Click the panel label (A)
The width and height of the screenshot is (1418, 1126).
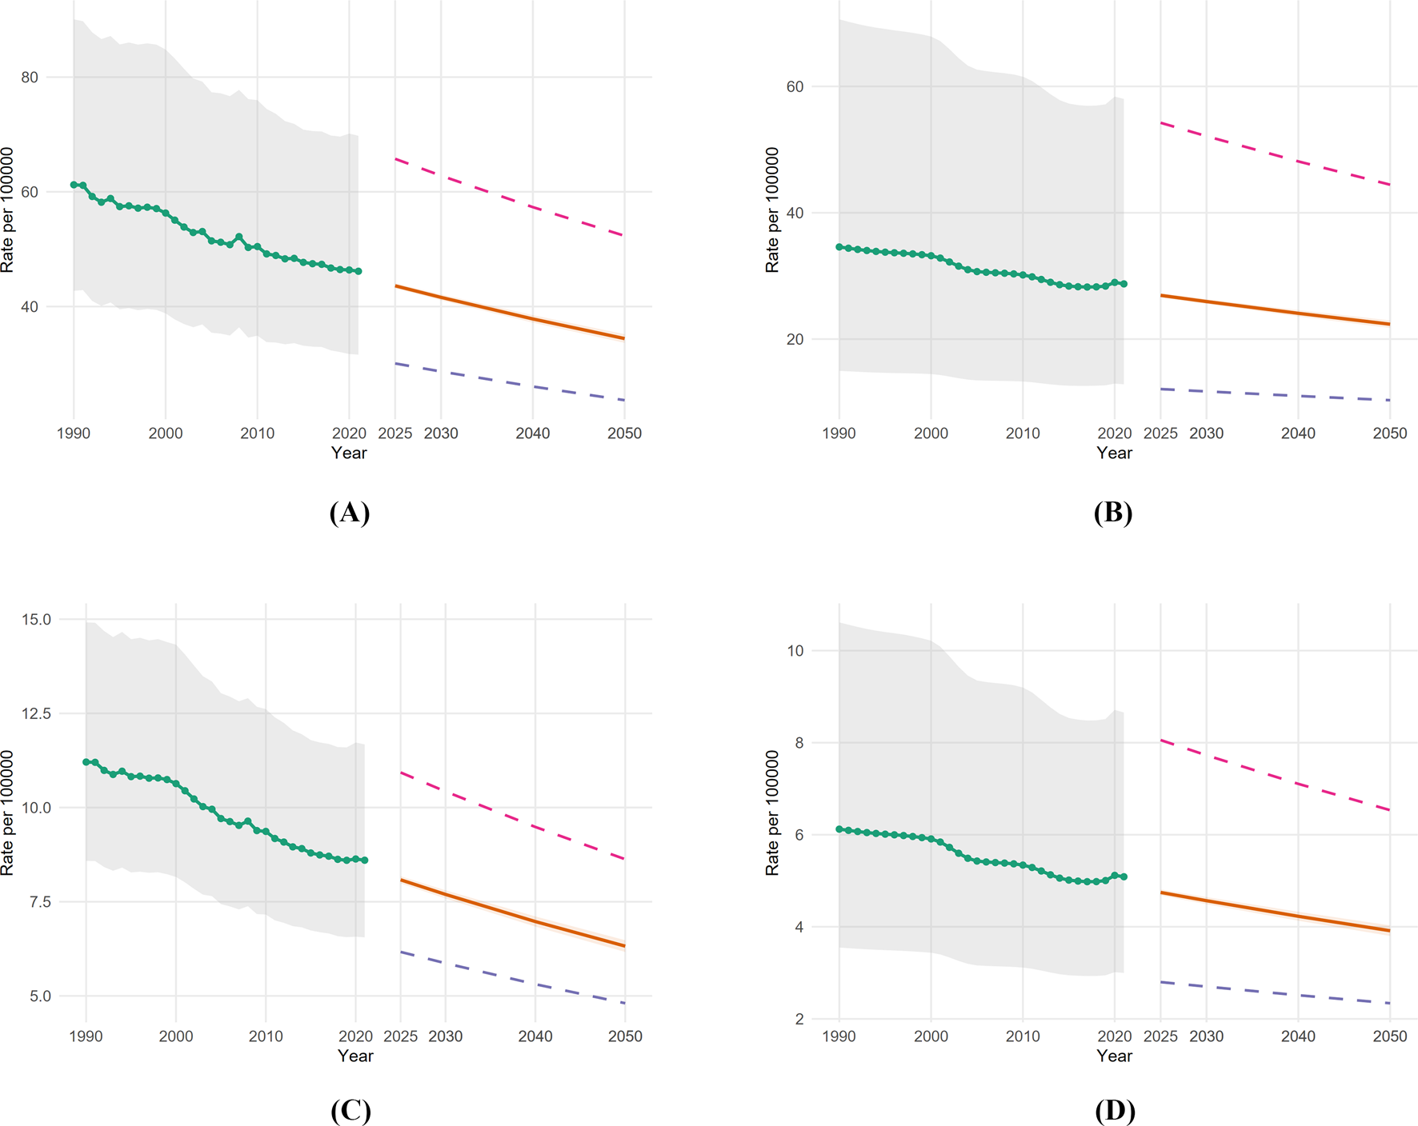[x=349, y=513]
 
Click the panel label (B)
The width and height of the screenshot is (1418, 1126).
[x=1113, y=513]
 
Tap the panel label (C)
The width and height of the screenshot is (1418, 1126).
[x=350, y=1111]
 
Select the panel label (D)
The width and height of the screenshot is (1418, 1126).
[x=1114, y=1111]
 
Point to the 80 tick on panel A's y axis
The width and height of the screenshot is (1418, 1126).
[x=30, y=78]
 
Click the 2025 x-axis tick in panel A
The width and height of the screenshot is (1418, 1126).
[x=395, y=433]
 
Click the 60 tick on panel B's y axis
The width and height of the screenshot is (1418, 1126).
[x=795, y=86]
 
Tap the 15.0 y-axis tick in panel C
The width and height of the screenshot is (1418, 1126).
[x=36, y=620]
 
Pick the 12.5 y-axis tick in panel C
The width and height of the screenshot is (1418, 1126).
[x=36, y=713]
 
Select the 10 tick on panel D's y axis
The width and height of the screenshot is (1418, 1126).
[x=795, y=651]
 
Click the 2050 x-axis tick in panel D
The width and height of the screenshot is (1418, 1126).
[x=1389, y=1036]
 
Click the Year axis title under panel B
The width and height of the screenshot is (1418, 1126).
[x=1114, y=453]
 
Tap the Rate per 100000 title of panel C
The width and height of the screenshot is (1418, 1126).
[x=7, y=813]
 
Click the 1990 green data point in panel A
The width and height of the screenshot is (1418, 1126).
[x=74, y=185]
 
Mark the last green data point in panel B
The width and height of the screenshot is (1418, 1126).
[x=1124, y=284]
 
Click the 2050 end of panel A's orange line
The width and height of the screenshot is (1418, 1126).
[x=623, y=338]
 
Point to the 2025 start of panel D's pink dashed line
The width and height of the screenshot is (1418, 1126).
[x=1161, y=741]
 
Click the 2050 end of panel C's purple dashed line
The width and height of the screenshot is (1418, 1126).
[x=624, y=1003]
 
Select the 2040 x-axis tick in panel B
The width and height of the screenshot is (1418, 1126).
[x=1298, y=433]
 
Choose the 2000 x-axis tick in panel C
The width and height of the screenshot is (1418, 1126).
[x=176, y=1036]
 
